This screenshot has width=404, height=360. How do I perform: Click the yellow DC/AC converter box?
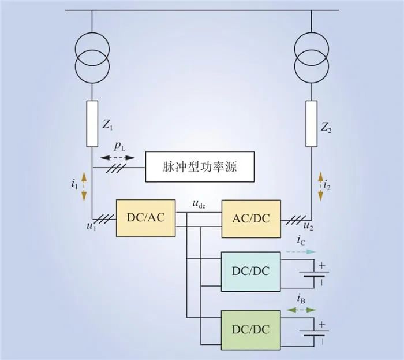(145, 218)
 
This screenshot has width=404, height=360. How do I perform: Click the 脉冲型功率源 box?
(200, 168)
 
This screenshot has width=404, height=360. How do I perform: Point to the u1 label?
(91, 226)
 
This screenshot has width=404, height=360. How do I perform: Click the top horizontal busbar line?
(202, 10)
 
